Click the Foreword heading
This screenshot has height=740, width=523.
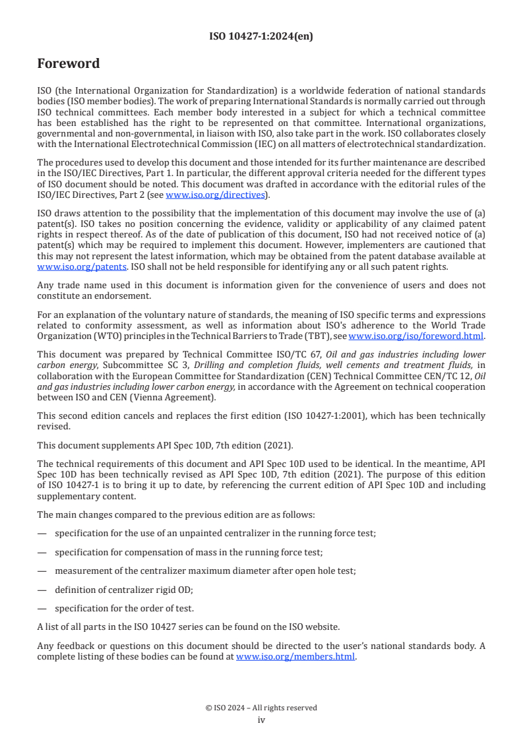69,64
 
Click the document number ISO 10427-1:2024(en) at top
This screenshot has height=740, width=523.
261,37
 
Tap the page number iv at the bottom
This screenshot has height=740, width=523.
261,720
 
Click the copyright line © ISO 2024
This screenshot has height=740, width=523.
261,708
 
